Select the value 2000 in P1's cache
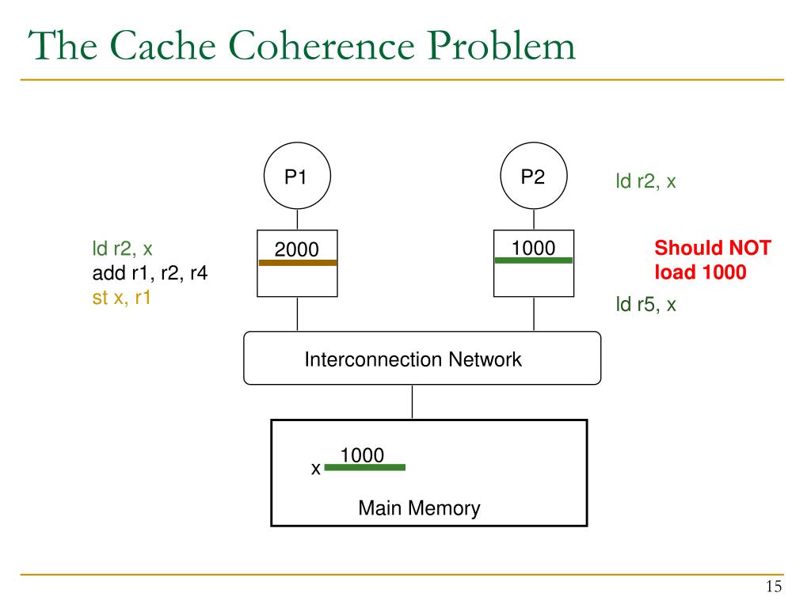(296, 249)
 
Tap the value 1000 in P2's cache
(533, 248)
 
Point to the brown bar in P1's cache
(298, 263)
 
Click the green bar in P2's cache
(533, 260)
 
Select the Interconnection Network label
(413, 359)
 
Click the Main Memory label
(419, 508)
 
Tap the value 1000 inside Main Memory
(362, 455)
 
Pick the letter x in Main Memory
(315, 469)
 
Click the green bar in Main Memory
(364, 467)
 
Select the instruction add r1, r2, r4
(150, 273)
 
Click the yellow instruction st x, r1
(121, 298)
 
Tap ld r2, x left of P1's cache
(122, 249)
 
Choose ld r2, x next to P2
(645, 181)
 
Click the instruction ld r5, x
(645, 305)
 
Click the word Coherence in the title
(322, 45)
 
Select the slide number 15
(774, 587)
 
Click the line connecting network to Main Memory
(412, 401)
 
